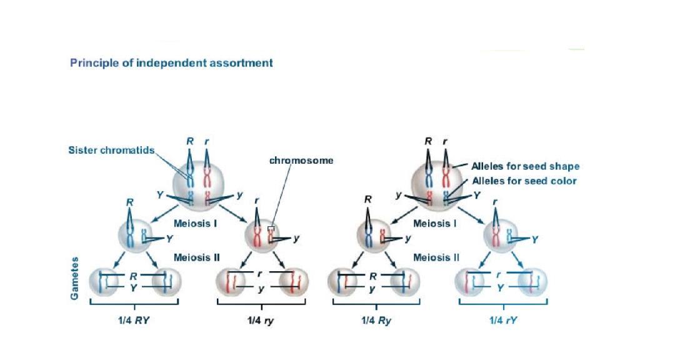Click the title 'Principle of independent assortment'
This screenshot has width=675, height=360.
tap(171, 62)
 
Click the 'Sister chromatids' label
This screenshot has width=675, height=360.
tap(111, 151)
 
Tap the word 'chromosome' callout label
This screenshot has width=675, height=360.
tap(301, 161)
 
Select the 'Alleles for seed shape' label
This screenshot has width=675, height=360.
tap(525, 166)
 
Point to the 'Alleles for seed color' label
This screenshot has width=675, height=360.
tap(524, 181)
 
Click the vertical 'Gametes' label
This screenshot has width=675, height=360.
tap(74, 277)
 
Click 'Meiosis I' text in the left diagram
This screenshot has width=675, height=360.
tap(194, 223)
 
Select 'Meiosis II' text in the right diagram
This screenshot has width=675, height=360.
tap(436, 257)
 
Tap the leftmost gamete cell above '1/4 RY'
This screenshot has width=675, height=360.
tap(102, 280)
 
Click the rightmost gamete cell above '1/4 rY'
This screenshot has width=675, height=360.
tap(532, 280)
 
